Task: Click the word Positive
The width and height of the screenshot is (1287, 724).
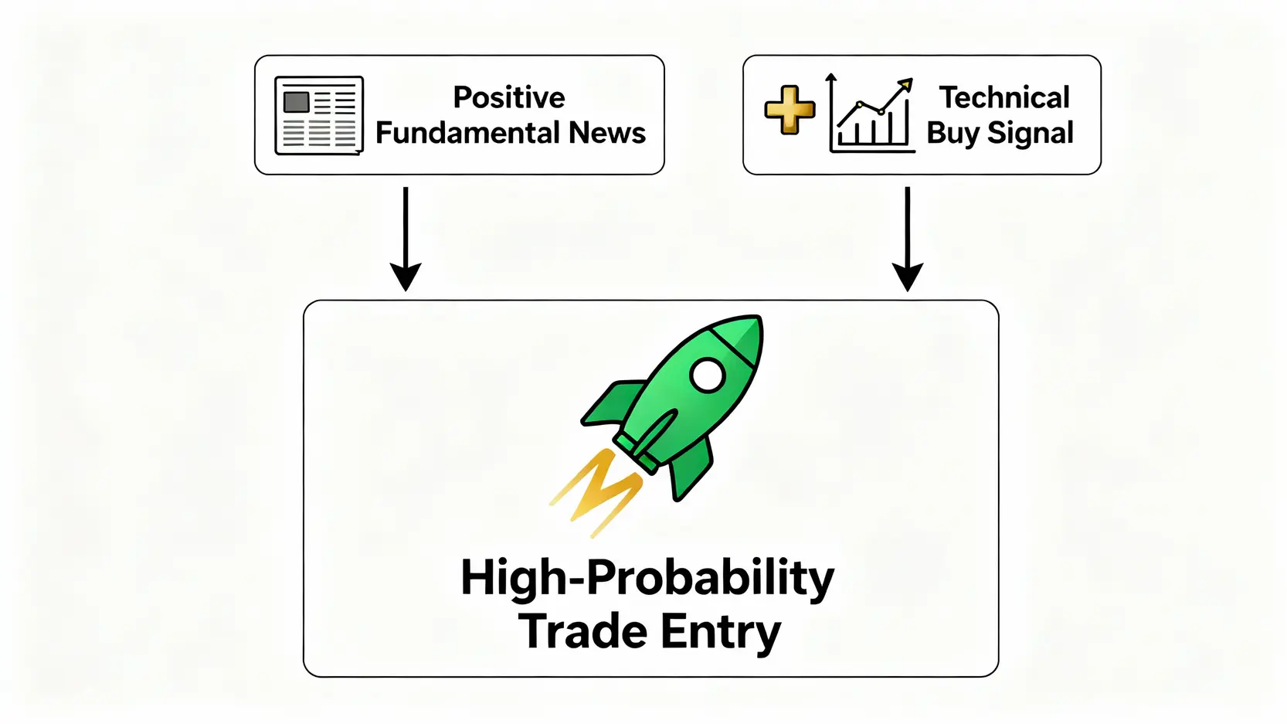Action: click(509, 97)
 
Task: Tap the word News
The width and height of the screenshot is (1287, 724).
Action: click(607, 133)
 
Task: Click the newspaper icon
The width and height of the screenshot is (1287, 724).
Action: click(319, 115)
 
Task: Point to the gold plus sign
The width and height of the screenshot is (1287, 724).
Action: click(790, 110)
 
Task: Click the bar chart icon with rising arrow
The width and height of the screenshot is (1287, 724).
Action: click(871, 114)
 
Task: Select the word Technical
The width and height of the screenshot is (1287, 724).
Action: click(1004, 97)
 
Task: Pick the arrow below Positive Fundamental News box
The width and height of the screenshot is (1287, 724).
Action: click(406, 239)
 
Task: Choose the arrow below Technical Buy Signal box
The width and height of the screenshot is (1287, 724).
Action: click(908, 239)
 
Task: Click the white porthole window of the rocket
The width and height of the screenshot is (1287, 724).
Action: click(708, 376)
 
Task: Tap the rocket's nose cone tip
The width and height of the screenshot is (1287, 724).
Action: click(759, 317)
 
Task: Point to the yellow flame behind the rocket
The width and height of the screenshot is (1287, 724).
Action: click(596, 492)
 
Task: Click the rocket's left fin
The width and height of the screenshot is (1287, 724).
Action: click(613, 403)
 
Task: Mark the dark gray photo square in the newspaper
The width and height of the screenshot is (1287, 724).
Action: click(297, 102)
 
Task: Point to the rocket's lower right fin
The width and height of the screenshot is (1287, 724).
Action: click(691, 467)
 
